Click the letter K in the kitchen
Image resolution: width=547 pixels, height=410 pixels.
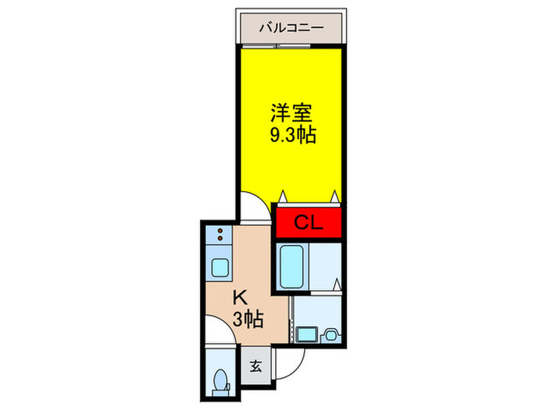point(241,298)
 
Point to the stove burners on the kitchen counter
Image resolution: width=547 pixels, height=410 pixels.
point(220,234)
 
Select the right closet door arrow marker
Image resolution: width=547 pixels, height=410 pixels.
point(335,197)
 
